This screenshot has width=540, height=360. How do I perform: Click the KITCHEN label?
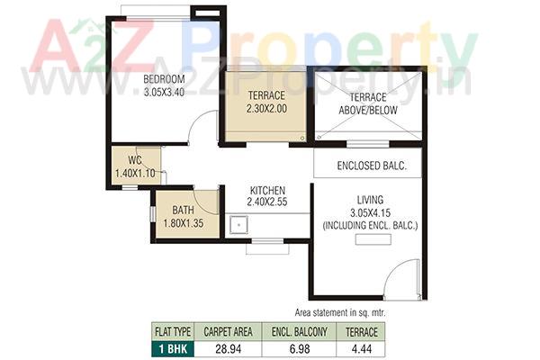pyautogui.click(x=267, y=191)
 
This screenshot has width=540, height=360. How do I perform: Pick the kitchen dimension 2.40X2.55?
pyautogui.click(x=267, y=203)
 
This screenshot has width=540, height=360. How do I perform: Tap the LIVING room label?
pyautogui.click(x=370, y=199)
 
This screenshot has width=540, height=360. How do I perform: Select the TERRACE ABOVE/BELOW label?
pyautogui.click(x=368, y=103)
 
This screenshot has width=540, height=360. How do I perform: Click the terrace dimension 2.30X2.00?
pyautogui.click(x=266, y=108)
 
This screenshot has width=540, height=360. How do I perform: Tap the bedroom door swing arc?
pyautogui.click(x=205, y=125)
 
